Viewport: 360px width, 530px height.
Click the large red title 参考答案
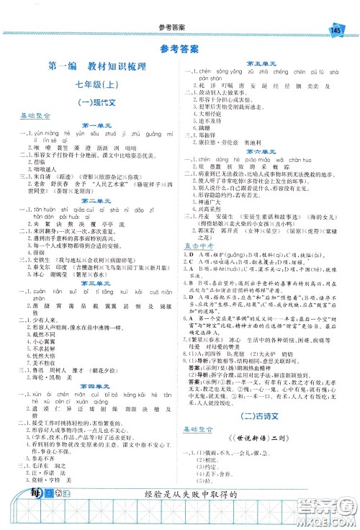(179, 49)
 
